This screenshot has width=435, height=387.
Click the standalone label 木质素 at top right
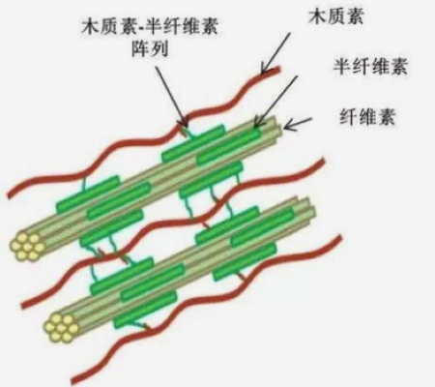(x=336, y=16)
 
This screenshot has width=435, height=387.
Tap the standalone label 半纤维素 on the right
(x=370, y=66)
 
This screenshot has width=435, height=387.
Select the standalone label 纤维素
(x=367, y=116)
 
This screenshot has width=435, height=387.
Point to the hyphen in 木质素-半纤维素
(x=140, y=27)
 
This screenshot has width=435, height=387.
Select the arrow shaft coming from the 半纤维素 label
(x=275, y=101)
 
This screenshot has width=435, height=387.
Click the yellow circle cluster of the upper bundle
(x=27, y=247)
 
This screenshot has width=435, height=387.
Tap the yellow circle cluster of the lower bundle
(x=61, y=328)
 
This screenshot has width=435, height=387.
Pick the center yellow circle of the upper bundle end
(x=27, y=247)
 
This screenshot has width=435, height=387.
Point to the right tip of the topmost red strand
(x=279, y=69)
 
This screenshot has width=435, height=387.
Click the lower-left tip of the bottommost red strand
(x=73, y=380)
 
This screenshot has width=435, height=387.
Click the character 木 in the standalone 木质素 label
(x=318, y=16)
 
